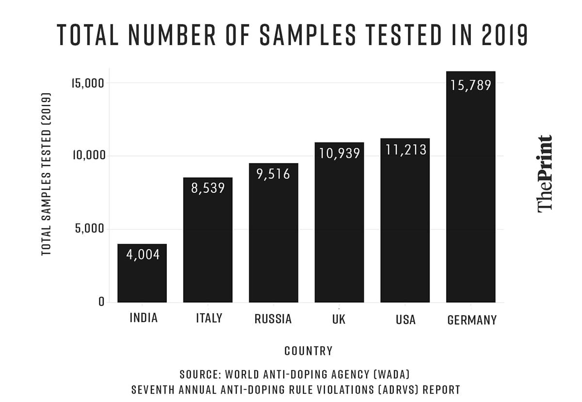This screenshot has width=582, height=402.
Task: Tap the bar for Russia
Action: point(274,238)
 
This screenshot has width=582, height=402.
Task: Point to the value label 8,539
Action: point(208,188)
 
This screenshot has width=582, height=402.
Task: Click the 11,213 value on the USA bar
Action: point(405,149)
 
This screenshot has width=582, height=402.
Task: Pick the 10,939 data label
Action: point(339,153)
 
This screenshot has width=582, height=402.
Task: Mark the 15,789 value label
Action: point(470,85)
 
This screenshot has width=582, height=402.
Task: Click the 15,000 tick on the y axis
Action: point(88,83)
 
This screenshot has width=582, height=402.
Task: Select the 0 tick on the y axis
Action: point(101,301)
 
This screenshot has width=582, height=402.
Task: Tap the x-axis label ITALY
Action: point(209,318)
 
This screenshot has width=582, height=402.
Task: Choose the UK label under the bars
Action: point(339,319)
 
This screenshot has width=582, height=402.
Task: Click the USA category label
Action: point(405,319)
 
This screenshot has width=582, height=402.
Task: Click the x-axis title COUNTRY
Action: point(308,351)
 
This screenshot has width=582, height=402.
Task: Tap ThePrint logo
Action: point(545,173)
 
